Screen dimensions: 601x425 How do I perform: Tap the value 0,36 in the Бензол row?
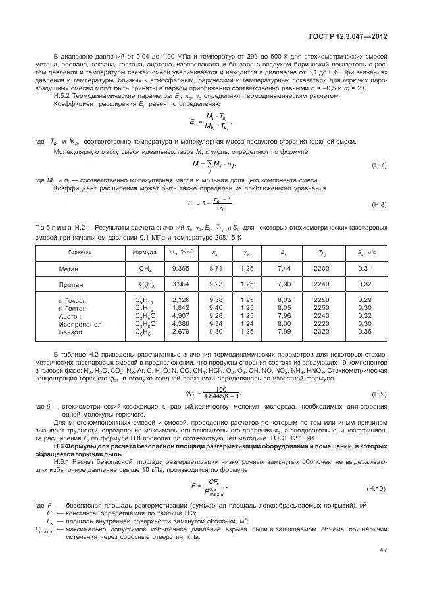365,331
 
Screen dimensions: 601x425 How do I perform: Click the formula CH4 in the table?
145,269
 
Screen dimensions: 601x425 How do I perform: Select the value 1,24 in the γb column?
247,323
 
